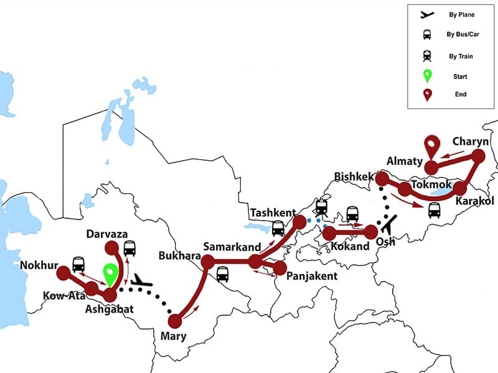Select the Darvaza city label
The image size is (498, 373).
tap(108, 234)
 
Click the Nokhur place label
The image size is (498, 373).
tap(39, 265)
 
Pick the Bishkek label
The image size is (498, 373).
tap(354, 176)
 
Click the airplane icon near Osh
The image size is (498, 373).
tap(390, 222)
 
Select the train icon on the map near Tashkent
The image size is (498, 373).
tap(322, 208)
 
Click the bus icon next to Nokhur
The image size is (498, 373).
tap(78, 264)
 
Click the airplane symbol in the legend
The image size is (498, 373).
tap(427, 14)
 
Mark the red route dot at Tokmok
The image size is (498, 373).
tap(405, 188)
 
